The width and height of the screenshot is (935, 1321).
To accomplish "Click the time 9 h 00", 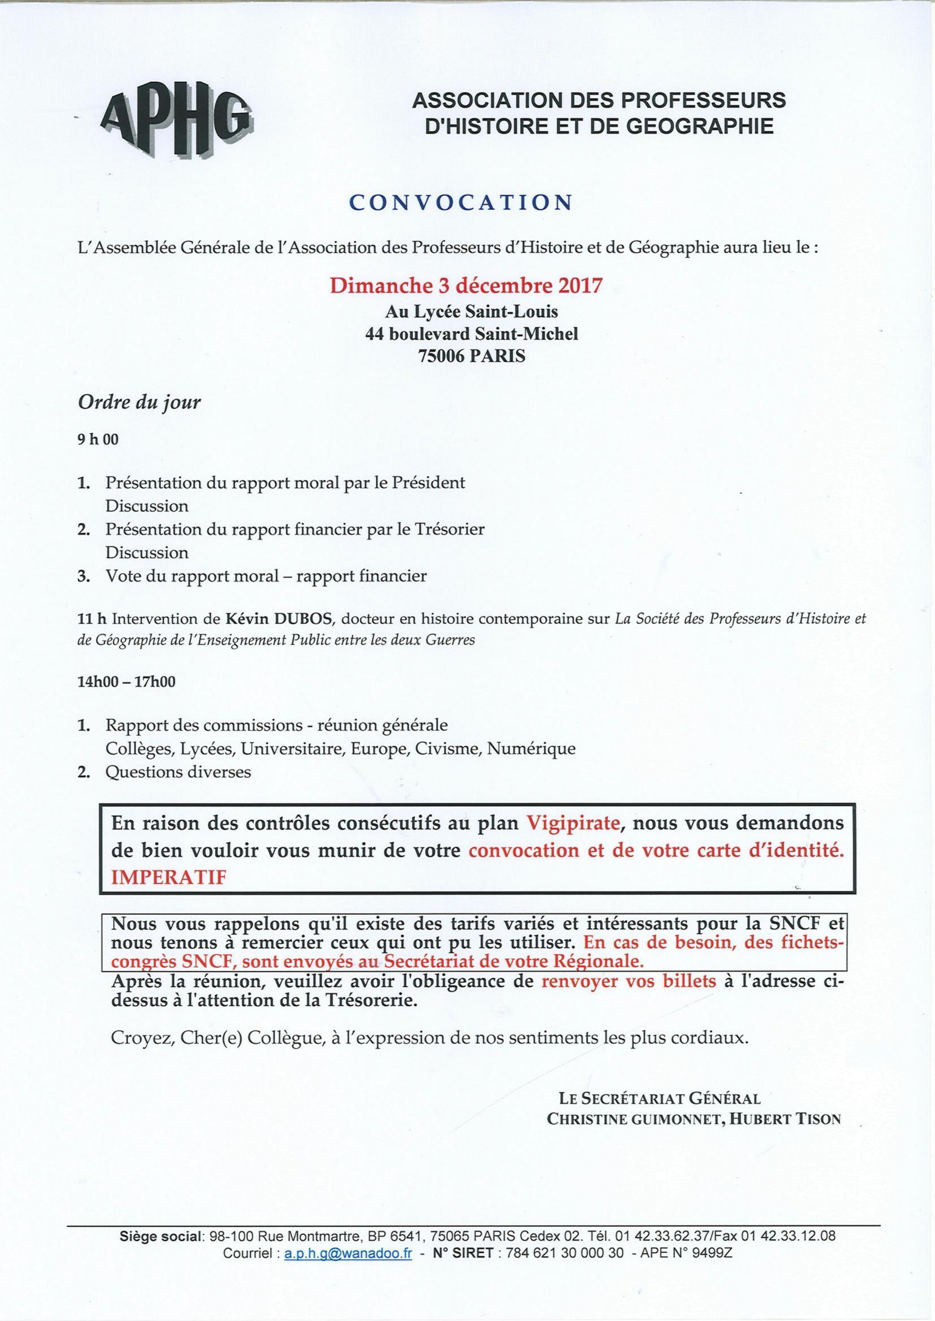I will point(98,440).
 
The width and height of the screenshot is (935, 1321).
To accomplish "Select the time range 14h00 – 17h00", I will point(127,682).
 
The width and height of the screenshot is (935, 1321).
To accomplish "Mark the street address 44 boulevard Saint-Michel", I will point(472,334).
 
